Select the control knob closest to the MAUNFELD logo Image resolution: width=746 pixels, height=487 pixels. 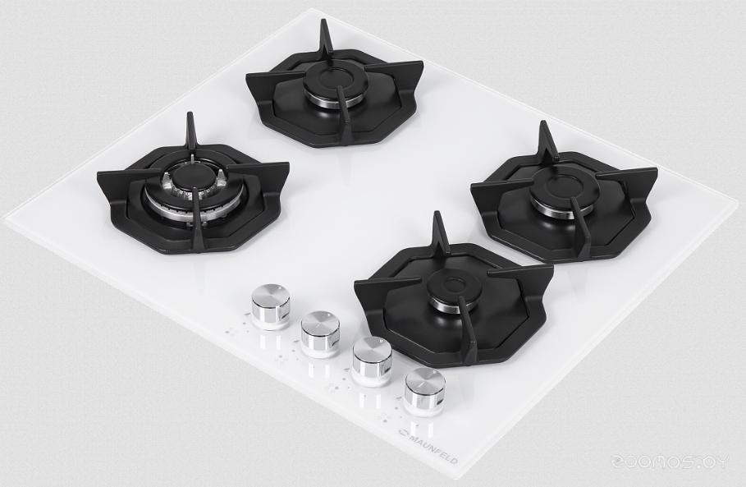coord(424,391)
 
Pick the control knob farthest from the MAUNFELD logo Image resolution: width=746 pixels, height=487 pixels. coord(270,306)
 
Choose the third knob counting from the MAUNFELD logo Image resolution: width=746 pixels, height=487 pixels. coord(320,334)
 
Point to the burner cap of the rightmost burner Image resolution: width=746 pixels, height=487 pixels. coord(559,189)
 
